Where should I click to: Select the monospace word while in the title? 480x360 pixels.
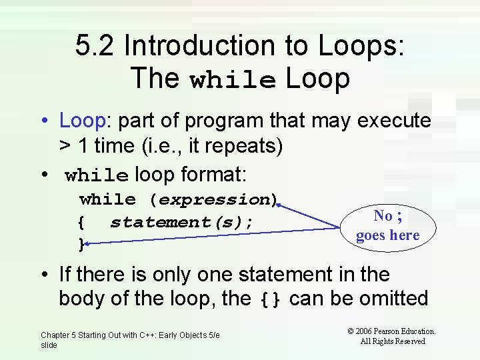(x=233, y=80)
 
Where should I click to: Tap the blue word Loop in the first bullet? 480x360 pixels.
(x=83, y=121)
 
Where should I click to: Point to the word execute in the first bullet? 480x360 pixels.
(x=395, y=121)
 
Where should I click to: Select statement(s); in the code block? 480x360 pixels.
(x=181, y=221)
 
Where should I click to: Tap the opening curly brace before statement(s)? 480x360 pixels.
(x=81, y=222)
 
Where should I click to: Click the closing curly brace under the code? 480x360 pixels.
(x=81, y=245)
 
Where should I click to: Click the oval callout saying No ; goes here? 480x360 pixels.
(x=387, y=225)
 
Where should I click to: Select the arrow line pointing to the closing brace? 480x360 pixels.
(x=213, y=237)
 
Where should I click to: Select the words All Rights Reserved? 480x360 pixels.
(x=393, y=341)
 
